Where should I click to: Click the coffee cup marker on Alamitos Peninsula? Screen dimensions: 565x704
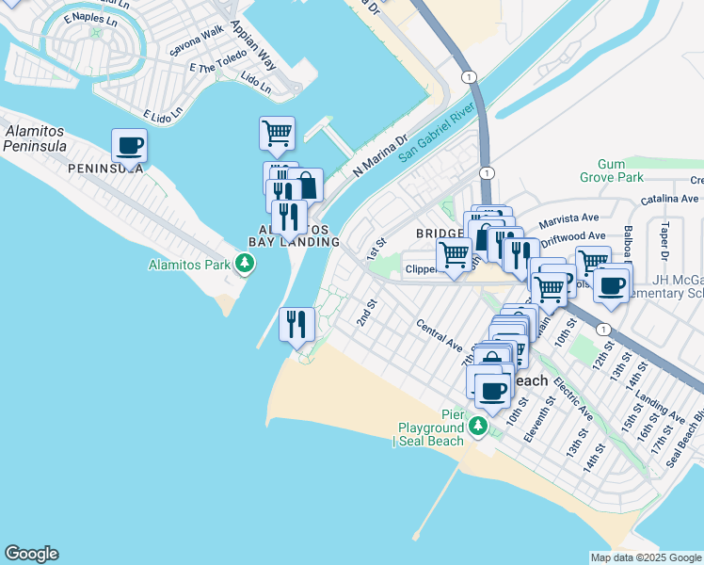[129, 147]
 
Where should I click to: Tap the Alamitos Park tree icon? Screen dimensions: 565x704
[245, 265]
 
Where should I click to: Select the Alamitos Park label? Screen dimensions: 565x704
[189, 265]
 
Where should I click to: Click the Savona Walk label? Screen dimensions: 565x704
[195, 46]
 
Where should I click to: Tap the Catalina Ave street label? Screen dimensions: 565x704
[669, 199]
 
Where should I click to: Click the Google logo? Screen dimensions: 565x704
[31, 554]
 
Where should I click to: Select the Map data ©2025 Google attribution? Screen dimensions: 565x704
[645, 557]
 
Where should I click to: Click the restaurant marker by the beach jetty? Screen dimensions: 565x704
[296, 325]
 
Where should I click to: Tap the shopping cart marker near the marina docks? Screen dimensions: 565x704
[277, 134]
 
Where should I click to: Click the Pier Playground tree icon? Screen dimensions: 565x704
[478, 428]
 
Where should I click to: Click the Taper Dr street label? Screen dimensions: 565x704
[664, 242]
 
